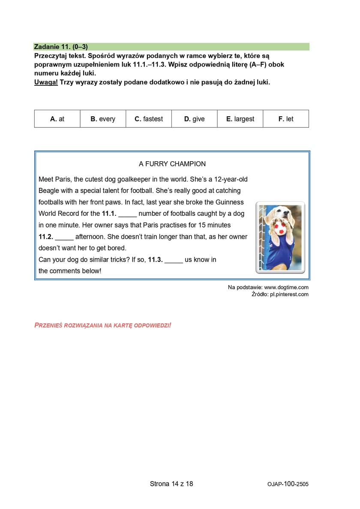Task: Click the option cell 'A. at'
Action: tap(57, 119)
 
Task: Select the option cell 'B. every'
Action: tap(103, 119)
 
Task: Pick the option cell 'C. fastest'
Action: tap(149, 119)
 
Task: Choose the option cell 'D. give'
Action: tap(194, 119)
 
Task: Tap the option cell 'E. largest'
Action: tap(240, 119)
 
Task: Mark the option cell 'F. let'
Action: tap(286, 119)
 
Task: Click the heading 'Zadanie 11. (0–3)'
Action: tap(61, 47)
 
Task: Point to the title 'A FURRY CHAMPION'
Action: tap(172, 164)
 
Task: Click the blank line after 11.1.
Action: tap(127, 214)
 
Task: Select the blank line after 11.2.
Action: tap(64, 237)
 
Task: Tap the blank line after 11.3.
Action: tap(174, 260)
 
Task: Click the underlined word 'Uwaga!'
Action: tap(46, 82)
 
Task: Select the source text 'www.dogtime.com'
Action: tap(286, 287)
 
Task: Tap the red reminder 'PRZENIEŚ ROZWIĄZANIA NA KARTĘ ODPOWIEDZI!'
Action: tap(102, 325)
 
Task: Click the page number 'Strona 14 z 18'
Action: tap(171, 484)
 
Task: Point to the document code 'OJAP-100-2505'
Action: tap(288, 484)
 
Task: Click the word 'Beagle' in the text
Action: tap(49, 191)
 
